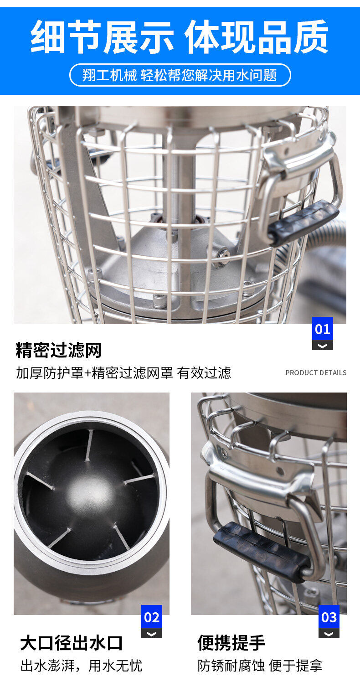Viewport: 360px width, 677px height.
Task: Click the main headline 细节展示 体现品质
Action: pos(180,36)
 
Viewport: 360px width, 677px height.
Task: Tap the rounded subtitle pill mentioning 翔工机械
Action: pos(180,75)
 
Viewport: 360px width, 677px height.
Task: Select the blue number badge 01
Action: pos(323,329)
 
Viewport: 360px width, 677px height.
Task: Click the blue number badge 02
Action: pos(152,617)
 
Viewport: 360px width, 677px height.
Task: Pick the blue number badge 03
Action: pos(329,617)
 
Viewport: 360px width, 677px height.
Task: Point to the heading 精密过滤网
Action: pos(58,350)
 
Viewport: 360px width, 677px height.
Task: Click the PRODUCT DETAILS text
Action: pos(316,372)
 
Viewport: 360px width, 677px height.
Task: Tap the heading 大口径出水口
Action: pos(71,643)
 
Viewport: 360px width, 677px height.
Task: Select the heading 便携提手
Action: pos(231,643)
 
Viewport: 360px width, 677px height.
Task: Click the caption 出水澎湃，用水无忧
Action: pos(81,665)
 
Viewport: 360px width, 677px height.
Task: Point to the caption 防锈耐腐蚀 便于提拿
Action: pos(260,665)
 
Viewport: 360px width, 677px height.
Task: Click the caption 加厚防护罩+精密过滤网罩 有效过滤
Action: pos(123,372)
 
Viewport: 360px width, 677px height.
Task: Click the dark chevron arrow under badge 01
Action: pos(323,346)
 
